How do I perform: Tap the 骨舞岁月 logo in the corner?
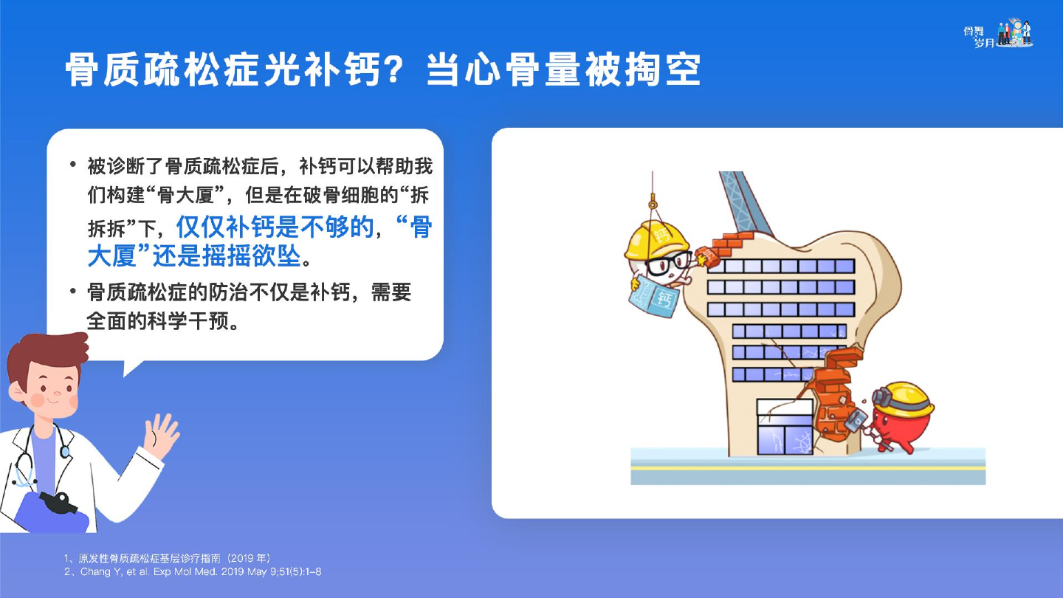[999, 34]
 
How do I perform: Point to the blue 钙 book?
[654, 296]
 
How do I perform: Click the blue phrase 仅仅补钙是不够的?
[275, 227]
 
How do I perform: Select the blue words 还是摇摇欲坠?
[227, 256]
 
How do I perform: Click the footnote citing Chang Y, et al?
[193, 572]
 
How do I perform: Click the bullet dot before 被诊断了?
[72, 165]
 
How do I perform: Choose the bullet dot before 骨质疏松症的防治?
[72, 291]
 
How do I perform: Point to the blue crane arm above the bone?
[745, 204]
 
